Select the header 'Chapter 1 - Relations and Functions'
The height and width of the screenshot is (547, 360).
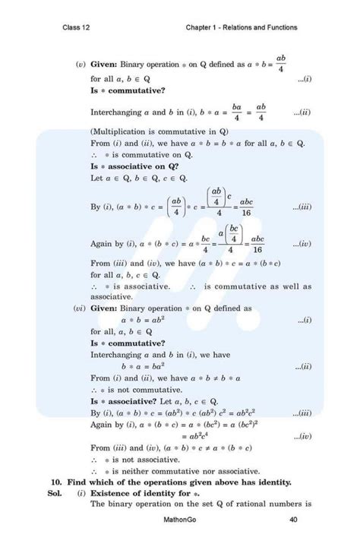click(242, 28)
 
